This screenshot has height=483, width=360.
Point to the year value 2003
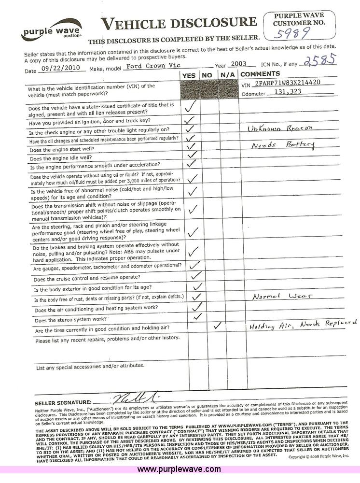point(238,64)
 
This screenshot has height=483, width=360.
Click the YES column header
point(189,75)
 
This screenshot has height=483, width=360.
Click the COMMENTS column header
point(260,74)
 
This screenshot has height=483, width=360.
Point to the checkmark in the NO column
point(218,326)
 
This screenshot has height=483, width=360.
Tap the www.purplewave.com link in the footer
point(179,469)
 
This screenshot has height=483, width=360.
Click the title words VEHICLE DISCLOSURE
point(179,22)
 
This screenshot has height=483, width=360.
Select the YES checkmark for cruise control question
point(195,275)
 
